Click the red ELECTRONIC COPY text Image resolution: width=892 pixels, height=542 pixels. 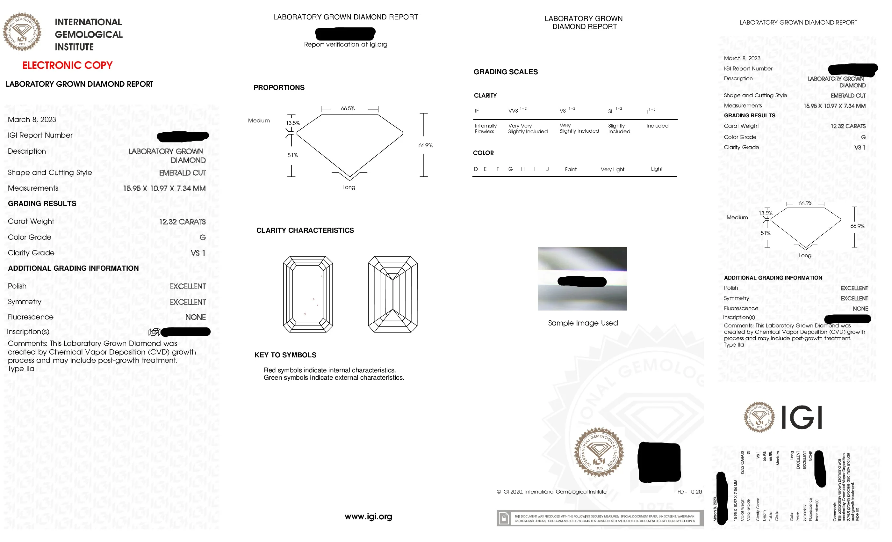pyautogui.click(x=67, y=66)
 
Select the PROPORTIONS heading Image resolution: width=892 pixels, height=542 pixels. pyautogui.click(x=279, y=88)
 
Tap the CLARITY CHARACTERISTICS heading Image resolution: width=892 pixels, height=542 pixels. pyautogui.click(x=305, y=231)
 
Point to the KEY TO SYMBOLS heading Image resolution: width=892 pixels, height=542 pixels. pyautogui.click(x=285, y=355)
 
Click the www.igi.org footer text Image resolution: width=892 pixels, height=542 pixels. pyautogui.click(x=368, y=516)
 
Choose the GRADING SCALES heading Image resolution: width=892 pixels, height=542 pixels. pyautogui.click(x=505, y=72)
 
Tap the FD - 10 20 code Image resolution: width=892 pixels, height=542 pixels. pyautogui.click(x=689, y=492)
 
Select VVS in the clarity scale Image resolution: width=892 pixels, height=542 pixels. pyautogui.click(x=513, y=111)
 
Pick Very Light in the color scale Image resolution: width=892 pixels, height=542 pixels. pyautogui.click(x=612, y=169)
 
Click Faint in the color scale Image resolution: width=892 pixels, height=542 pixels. pyautogui.click(x=571, y=169)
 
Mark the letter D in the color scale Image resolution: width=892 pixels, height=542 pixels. pyautogui.click(x=476, y=169)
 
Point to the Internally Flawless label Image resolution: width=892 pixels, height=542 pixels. pyautogui.click(x=485, y=128)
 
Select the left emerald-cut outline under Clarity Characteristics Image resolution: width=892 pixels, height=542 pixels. pyautogui.click(x=308, y=294)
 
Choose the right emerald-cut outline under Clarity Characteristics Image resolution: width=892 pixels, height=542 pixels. pyautogui.click(x=392, y=294)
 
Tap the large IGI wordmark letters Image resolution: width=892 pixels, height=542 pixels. pyautogui.click(x=802, y=417)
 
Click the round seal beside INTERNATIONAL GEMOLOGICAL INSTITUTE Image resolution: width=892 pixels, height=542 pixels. pyautogui.click(x=22, y=32)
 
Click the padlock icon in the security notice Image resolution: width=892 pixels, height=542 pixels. pyautogui.click(x=503, y=518)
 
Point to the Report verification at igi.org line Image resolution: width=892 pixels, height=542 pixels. pyautogui.click(x=345, y=45)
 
